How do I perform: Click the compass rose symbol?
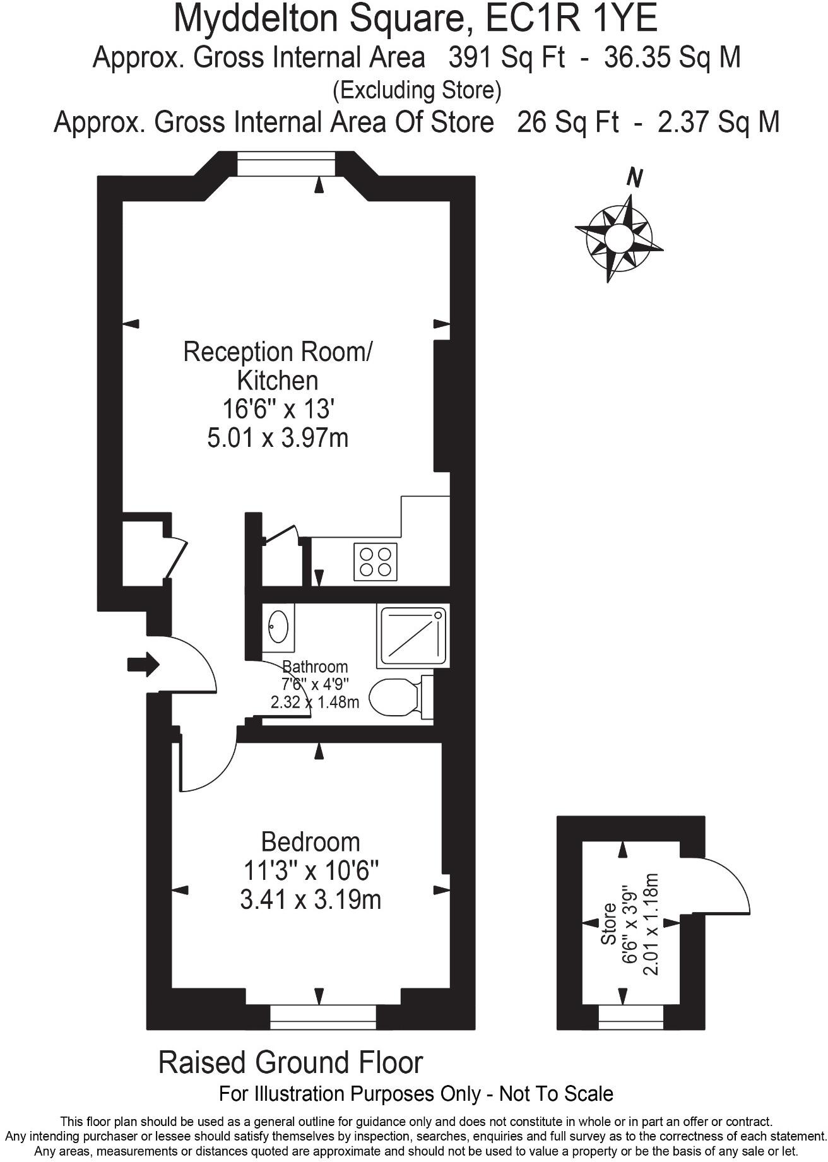pyautogui.click(x=618, y=238)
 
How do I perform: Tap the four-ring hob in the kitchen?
pyautogui.click(x=376, y=561)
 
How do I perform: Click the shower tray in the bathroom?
pyautogui.click(x=413, y=636)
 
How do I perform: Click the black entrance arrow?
pyautogui.click(x=143, y=664)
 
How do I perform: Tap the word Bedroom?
pyautogui.click(x=310, y=842)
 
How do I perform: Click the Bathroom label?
pyautogui.click(x=315, y=667)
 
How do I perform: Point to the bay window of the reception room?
pyautogui.click(x=285, y=165)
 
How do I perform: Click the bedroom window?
pyautogui.click(x=322, y=1016)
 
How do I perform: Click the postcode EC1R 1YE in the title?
pyautogui.click(x=571, y=18)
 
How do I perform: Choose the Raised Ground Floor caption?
pyautogui.click(x=290, y=1062)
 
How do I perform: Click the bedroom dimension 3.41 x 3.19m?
pyautogui.click(x=310, y=899)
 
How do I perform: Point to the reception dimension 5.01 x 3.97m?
pyautogui.click(x=278, y=437)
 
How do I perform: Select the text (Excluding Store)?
pyautogui.click(x=417, y=90)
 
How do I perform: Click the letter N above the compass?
pyautogui.click(x=634, y=179)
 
